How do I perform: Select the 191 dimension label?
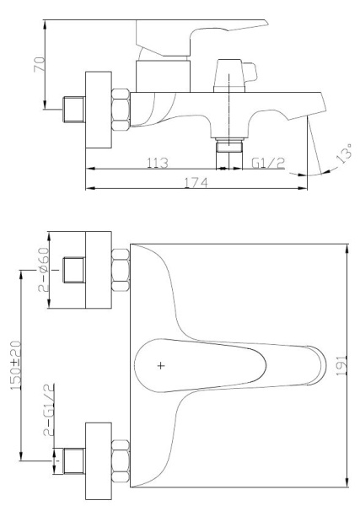click(x=338, y=365)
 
